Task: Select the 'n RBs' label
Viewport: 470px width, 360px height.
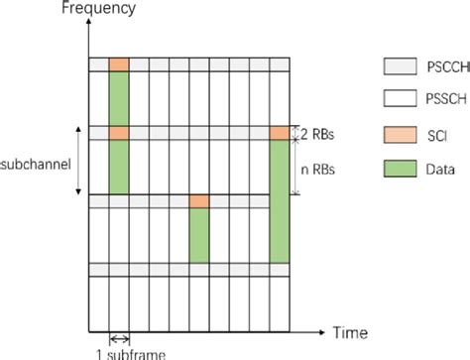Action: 317,169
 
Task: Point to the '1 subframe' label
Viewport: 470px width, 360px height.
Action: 119,351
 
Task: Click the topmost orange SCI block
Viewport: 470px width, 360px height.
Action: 119,64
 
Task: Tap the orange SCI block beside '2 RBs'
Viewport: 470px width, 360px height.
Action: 280,133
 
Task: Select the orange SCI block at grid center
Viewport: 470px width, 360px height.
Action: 199,201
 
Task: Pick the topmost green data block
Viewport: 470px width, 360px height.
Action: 119,98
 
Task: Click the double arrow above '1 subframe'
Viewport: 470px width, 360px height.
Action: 119,336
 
